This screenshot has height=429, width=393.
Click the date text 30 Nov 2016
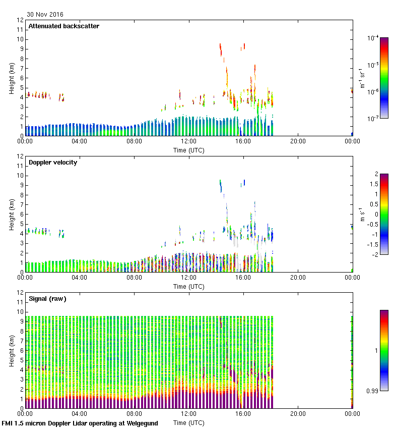coord(45,15)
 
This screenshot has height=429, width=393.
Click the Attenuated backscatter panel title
coord(64,26)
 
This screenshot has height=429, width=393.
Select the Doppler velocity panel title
coord(53,163)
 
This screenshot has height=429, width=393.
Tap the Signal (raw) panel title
coord(47,299)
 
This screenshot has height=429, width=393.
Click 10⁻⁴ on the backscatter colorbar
coord(373,38)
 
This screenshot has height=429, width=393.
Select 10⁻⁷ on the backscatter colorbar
coord(373,119)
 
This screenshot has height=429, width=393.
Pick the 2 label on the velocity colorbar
coord(376,174)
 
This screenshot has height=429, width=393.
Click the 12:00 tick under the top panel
coord(188,141)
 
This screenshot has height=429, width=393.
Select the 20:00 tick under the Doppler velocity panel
coord(298,278)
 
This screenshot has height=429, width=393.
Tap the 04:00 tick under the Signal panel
coord(80,414)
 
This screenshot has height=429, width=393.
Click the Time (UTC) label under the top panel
coord(188,150)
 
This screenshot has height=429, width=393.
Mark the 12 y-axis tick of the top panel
coord(20,20)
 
